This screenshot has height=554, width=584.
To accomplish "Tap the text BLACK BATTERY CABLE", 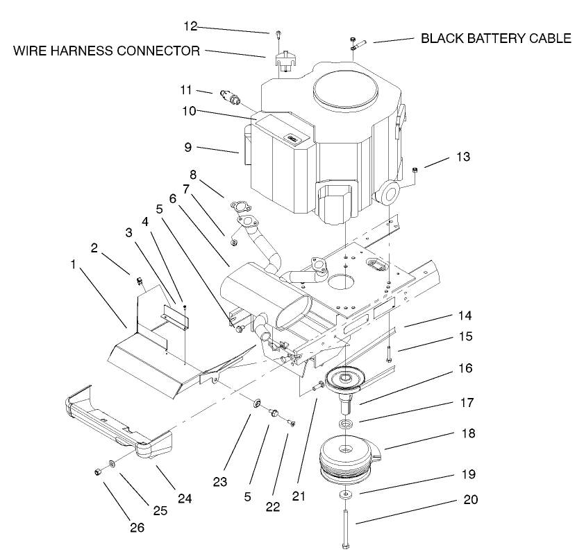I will coord(496,39).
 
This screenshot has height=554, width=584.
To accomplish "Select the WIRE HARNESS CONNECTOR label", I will coord(106,51).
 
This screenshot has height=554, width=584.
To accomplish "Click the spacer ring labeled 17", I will coord(345,422).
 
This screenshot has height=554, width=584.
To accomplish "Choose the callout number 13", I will coord(463,157).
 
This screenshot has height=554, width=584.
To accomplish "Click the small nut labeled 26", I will coord(98,471).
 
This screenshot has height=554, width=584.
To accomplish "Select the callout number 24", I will coord(184,498).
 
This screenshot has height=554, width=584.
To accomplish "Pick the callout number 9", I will coord(187,147).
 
